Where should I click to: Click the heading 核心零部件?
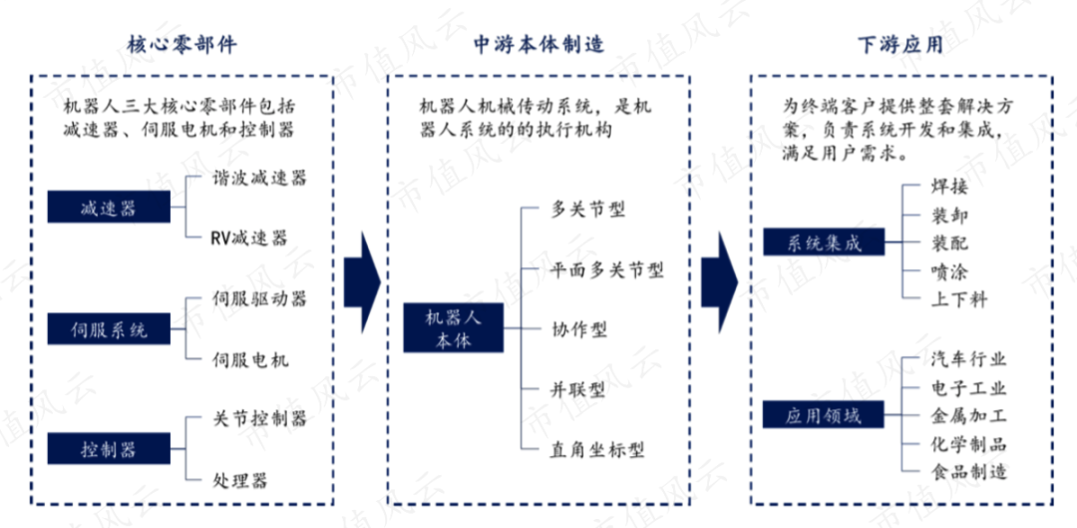click(181, 44)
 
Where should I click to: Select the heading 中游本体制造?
click(538, 44)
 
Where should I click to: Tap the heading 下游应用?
click(899, 44)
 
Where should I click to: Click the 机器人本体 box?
click(448, 327)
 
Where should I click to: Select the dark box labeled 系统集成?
click(823, 242)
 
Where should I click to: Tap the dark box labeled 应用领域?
click(823, 415)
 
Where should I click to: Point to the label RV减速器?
click(248, 238)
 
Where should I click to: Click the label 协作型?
click(578, 328)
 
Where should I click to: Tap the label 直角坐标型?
click(597, 449)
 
